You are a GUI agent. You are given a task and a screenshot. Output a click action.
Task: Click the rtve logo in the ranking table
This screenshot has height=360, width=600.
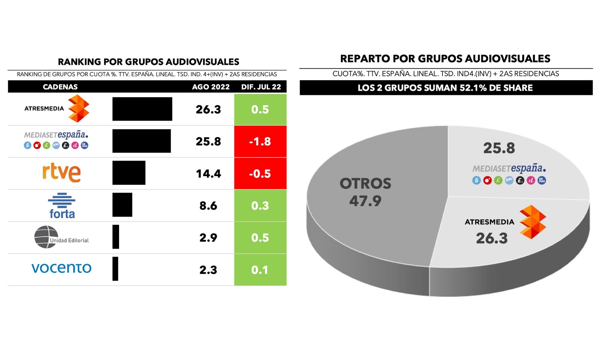click(61, 173)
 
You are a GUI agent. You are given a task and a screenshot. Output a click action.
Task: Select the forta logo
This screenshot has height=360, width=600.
click(62, 206)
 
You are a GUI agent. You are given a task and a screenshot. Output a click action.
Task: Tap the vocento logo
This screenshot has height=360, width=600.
click(61, 268)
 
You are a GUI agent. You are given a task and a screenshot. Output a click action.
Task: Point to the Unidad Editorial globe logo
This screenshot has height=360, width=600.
click(46, 237)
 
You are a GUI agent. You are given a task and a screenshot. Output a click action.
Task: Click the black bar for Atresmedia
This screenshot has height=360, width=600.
click(142, 109)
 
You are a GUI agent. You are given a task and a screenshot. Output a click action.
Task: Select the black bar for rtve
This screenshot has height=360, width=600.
click(129, 173)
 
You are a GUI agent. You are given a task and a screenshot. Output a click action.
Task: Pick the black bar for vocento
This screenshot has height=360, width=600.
click(115, 269)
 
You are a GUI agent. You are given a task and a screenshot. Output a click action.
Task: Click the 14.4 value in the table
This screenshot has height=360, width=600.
click(208, 174)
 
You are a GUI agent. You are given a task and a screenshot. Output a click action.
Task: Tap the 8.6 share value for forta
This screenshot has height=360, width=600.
click(208, 206)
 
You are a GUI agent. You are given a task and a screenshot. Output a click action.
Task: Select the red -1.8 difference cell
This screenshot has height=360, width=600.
click(260, 141)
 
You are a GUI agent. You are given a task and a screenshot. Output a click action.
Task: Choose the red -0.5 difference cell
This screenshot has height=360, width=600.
click(260, 173)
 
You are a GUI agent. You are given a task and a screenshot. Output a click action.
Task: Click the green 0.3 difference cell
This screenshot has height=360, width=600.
click(260, 205)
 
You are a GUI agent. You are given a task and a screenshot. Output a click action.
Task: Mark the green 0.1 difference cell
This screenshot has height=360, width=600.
click(260, 270)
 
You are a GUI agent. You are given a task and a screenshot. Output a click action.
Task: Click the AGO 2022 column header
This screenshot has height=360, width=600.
click(211, 87)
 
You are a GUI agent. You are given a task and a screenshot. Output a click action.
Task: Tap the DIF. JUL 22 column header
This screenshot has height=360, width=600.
click(261, 87)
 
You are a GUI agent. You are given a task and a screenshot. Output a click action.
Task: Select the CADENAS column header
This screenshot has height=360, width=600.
click(60, 87)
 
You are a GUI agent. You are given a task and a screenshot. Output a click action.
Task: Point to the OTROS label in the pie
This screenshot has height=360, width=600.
click(365, 184)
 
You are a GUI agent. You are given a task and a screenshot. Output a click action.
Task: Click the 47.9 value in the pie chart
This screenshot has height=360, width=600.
click(365, 201)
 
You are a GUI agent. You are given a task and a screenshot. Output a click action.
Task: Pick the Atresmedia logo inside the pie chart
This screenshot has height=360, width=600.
click(532, 222)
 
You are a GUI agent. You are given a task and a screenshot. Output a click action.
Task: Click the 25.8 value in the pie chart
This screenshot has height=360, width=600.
click(499, 148)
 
